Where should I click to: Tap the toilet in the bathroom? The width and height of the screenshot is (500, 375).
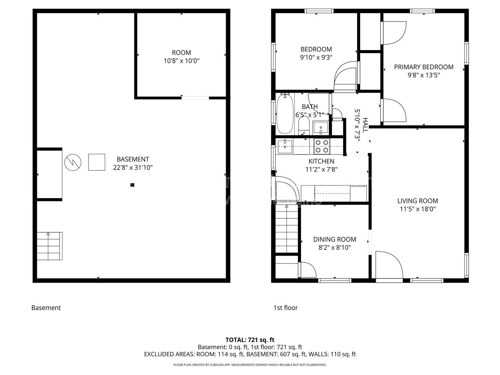[x=303, y=126]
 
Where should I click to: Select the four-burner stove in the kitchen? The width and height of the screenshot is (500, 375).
[x=322, y=146]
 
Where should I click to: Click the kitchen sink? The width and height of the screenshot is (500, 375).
[x=285, y=147]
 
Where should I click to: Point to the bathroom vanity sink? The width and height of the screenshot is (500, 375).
[x=320, y=127]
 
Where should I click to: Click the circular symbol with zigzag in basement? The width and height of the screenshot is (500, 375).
[x=73, y=162]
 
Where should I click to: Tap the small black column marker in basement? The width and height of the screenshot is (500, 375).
[x=132, y=185]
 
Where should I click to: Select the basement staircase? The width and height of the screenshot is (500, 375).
[x=50, y=246]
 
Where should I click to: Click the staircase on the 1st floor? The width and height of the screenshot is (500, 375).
[x=287, y=228]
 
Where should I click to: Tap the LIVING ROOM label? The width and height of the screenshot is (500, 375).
[x=418, y=201]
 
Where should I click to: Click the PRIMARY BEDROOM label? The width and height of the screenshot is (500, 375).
[x=424, y=67]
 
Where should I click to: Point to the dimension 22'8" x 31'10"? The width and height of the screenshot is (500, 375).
[x=133, y=168]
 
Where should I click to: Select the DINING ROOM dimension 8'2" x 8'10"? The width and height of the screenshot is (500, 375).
[x=335, y=248]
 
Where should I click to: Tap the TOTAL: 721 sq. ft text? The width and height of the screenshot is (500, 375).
[x=250, y=340]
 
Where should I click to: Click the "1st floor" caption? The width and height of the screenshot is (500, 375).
[x=286, y=308]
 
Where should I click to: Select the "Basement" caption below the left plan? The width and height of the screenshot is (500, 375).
[x=46, y=308]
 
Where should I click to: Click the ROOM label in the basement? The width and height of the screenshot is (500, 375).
[x=181, y=52]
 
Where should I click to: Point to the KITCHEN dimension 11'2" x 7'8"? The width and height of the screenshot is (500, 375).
[x=322, y=169]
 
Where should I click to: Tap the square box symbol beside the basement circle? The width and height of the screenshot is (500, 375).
[x=97, y=162]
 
